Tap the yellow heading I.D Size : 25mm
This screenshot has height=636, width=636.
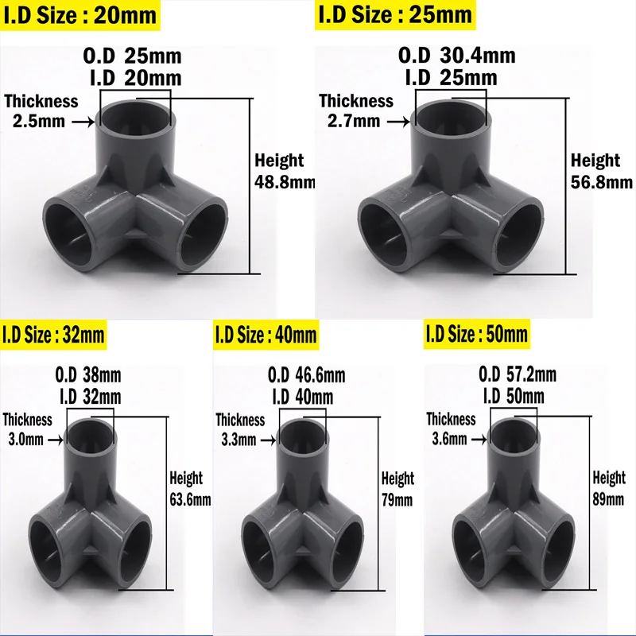point(395,14)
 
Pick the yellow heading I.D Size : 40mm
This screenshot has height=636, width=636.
point(266,335)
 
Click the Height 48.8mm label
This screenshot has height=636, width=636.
point(283,171)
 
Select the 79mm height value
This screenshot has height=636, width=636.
point(397,500)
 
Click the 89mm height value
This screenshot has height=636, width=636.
point(609,498)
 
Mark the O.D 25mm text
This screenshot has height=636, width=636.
point(134,56)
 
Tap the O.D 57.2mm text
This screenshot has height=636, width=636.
point(518,374)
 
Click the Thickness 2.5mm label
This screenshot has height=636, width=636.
point(41,111)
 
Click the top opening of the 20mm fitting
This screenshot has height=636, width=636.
point(136,117)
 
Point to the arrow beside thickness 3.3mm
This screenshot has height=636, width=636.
point(268,438)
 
